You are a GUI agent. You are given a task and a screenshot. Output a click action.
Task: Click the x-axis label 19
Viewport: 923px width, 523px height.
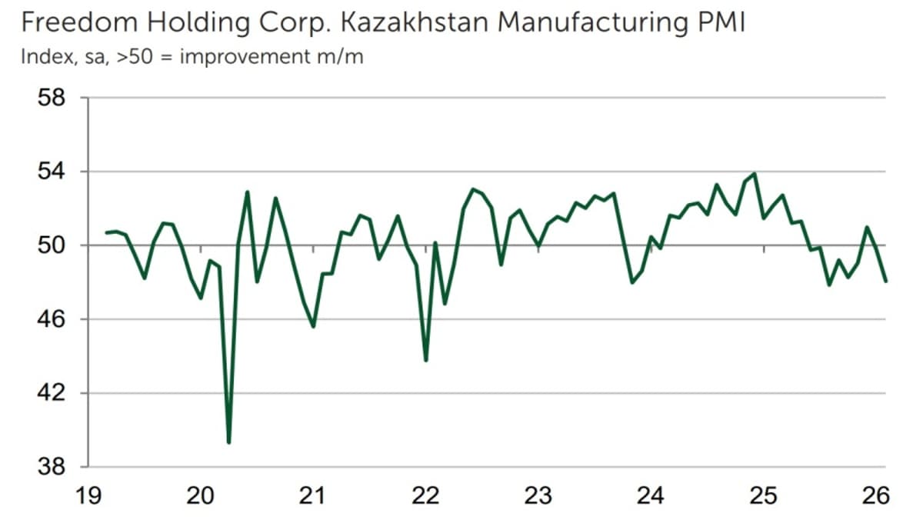pos(88,496)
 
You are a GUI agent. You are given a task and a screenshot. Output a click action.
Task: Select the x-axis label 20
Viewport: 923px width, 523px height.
pos(201,496)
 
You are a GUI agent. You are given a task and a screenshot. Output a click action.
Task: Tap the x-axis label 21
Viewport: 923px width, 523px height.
pos(313,496)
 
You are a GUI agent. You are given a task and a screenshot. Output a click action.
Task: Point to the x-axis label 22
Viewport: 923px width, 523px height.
pos(425,496)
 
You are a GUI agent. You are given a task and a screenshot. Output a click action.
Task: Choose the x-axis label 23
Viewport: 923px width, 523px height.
pos(538,496)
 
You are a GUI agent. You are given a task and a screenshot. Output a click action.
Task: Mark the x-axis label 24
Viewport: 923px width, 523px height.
pos(651,496)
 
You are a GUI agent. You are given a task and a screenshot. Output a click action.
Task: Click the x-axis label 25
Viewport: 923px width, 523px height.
pos(763,496)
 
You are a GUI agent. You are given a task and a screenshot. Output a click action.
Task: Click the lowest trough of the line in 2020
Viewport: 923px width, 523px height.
pos(228,442)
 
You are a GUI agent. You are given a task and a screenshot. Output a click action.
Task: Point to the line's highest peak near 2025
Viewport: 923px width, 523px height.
pos(755,174)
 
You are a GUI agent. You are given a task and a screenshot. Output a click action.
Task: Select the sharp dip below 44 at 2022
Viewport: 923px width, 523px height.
pos(425,360)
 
